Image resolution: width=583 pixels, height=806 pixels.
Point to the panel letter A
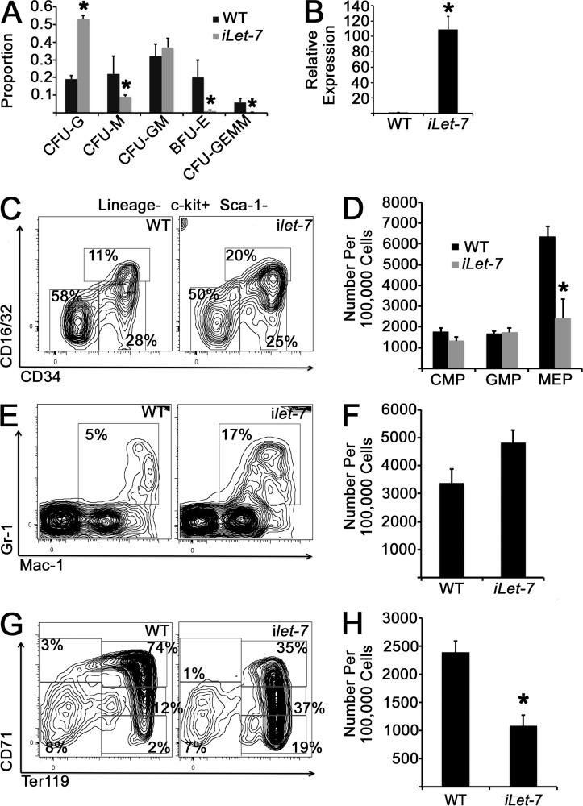14,12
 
